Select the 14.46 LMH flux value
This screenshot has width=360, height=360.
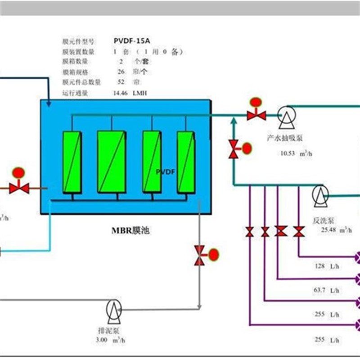[130, 93]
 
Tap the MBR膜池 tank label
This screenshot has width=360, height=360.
[130, 231]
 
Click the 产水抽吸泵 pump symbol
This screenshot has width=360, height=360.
[284, 116]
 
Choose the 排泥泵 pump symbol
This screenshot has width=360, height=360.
[113, 309]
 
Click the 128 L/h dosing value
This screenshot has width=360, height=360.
[327, 267]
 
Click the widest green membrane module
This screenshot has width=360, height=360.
[112, 162]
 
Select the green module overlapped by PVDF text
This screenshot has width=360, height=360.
[152, 161]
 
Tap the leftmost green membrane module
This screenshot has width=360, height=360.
[72, 162]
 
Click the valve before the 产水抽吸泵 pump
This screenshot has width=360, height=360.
[256, 115]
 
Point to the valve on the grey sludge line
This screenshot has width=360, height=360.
[199, 256]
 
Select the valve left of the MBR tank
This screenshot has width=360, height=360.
[19, 188]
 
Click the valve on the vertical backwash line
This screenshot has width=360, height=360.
[234, 149]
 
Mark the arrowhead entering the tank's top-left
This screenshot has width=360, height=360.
[48, 104]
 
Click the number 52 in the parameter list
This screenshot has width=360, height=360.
[121, 82]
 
